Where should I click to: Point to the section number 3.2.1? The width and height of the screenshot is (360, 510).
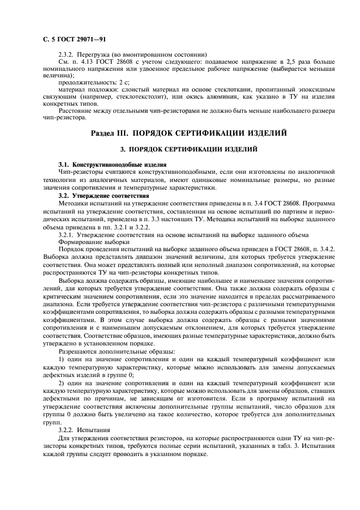pyautogui.click(x=66, y=235)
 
